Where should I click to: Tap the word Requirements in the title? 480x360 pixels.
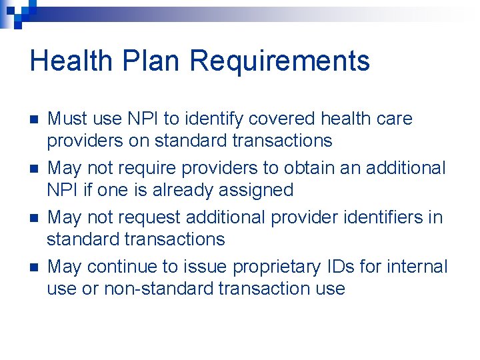coord(279,61)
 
